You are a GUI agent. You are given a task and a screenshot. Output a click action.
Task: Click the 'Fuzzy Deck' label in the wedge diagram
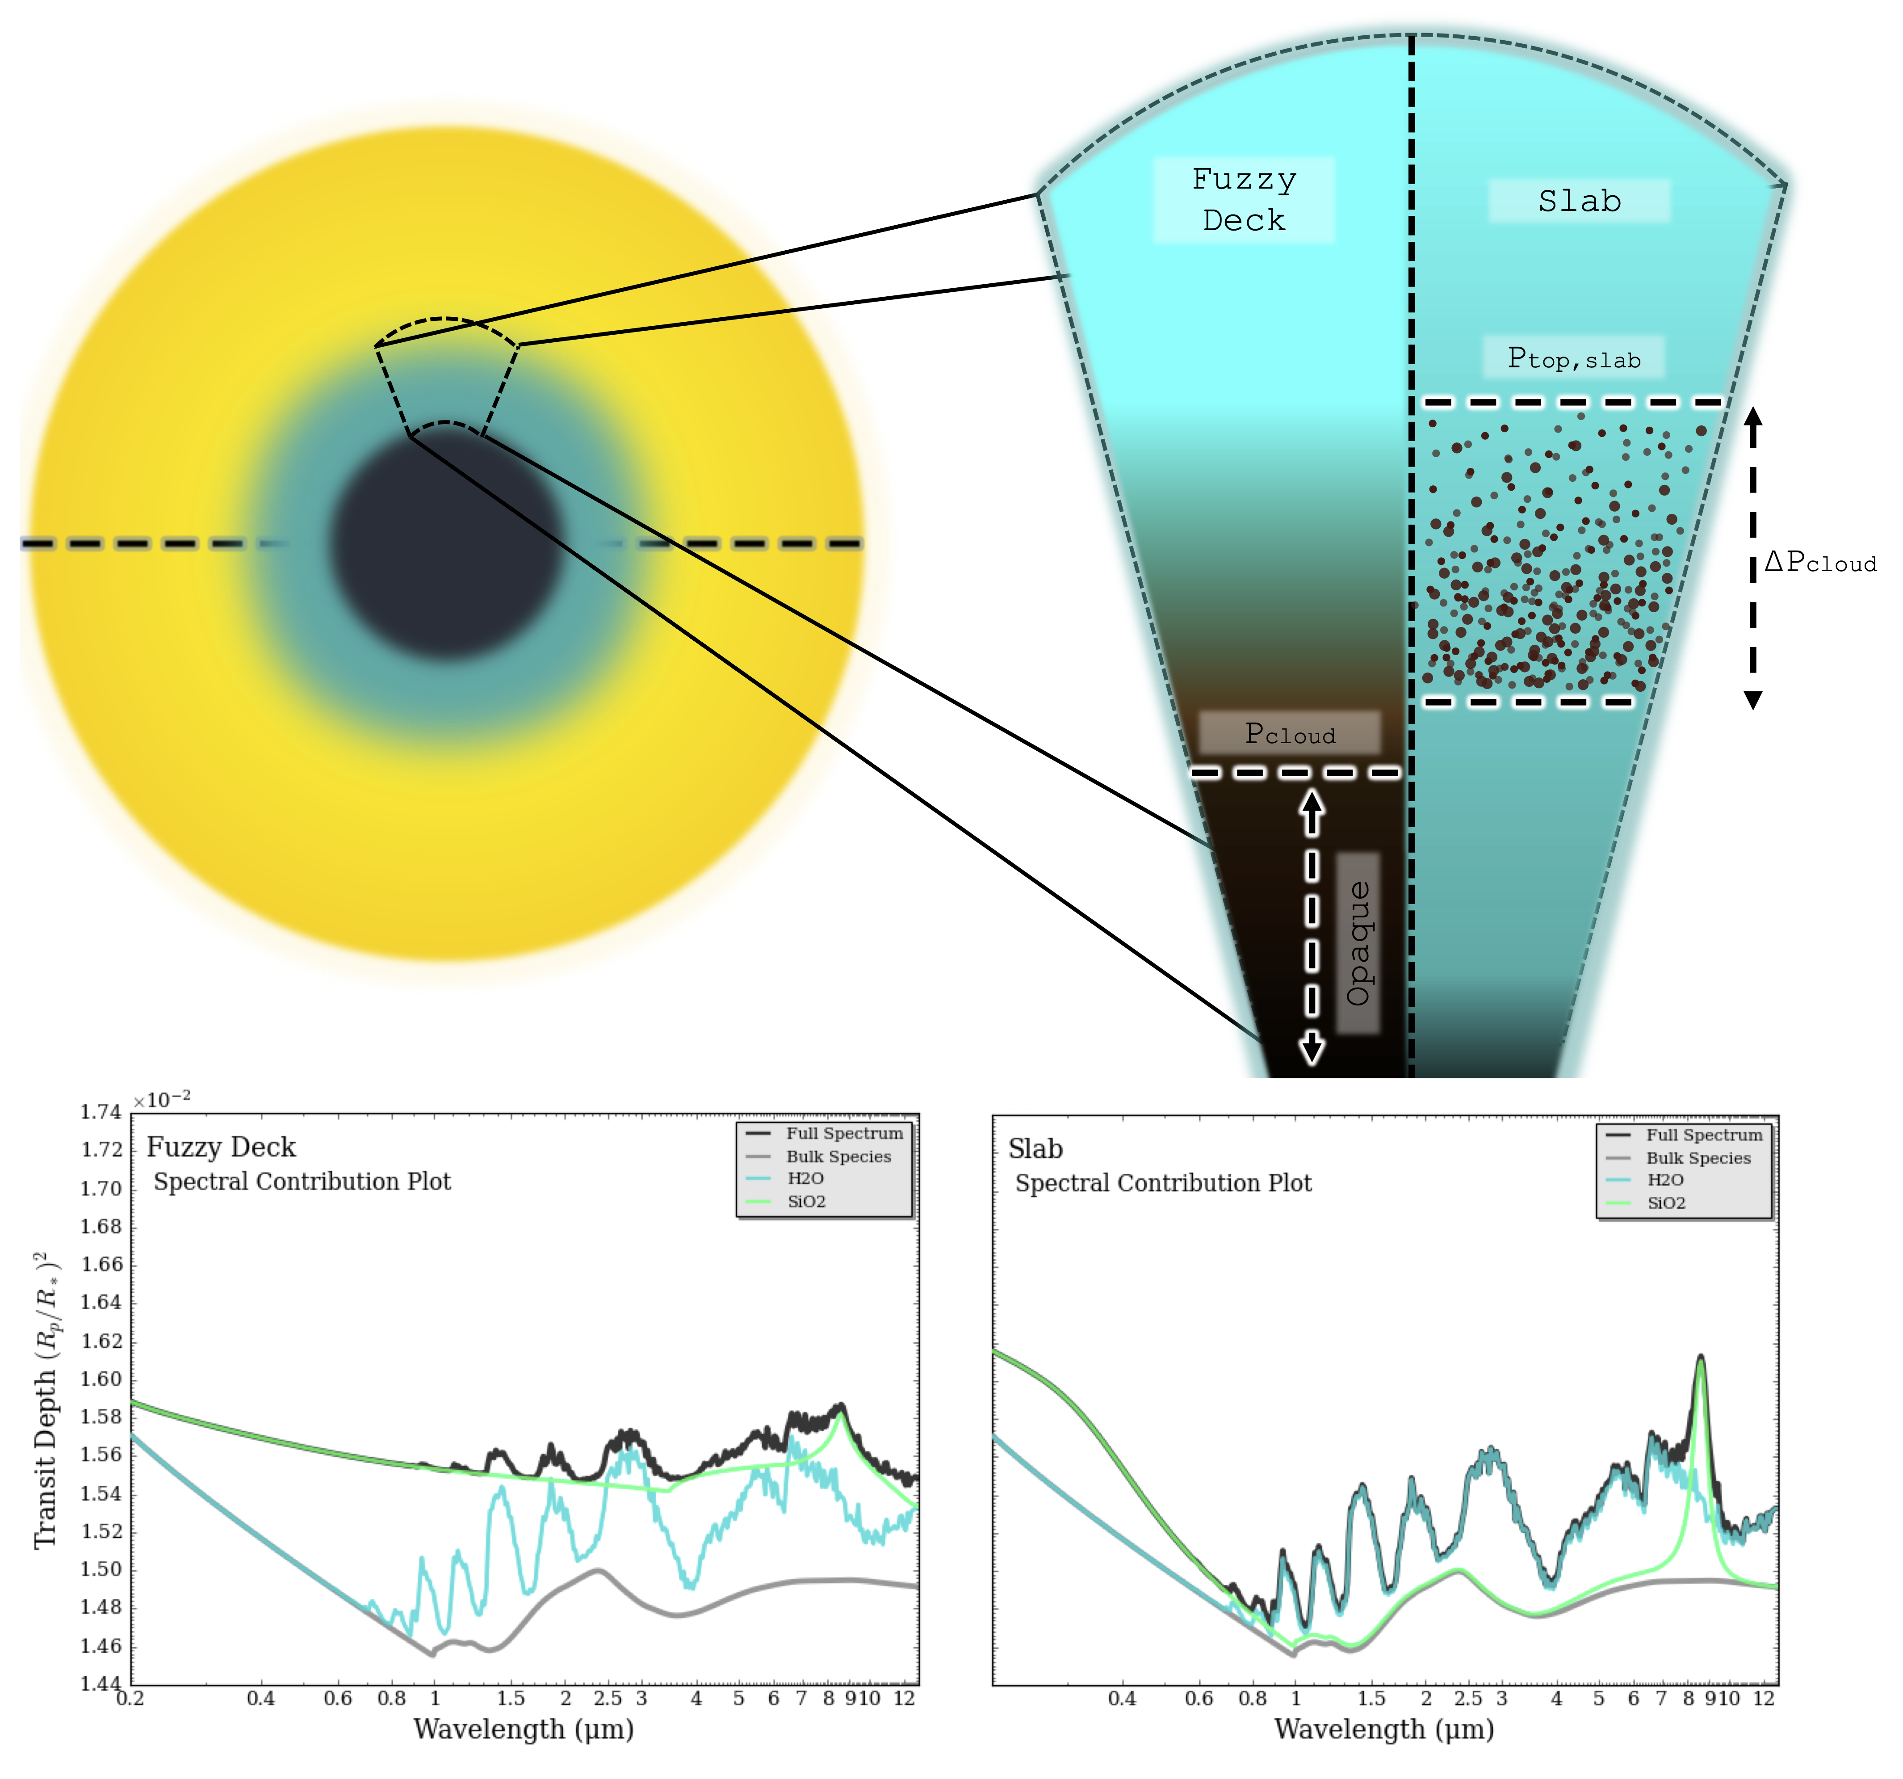click(x=1244, y=199)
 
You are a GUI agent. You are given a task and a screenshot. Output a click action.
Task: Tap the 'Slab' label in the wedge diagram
click(x=1580, y=201)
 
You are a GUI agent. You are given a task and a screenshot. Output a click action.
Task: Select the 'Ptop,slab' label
click(x=1574, y=358)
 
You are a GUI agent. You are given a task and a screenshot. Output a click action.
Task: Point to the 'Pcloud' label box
click(x=1289, y=733)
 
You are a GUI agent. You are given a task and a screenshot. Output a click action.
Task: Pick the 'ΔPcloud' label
click(x=1820, y=562)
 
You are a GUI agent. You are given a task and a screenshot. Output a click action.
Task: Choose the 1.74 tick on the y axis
click(x=101, y=1112)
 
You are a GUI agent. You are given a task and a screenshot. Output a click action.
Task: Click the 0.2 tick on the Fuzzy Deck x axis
click(x=130, y=1699)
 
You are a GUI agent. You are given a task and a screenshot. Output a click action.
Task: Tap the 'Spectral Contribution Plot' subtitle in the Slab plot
click(x=1163, y=1183)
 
